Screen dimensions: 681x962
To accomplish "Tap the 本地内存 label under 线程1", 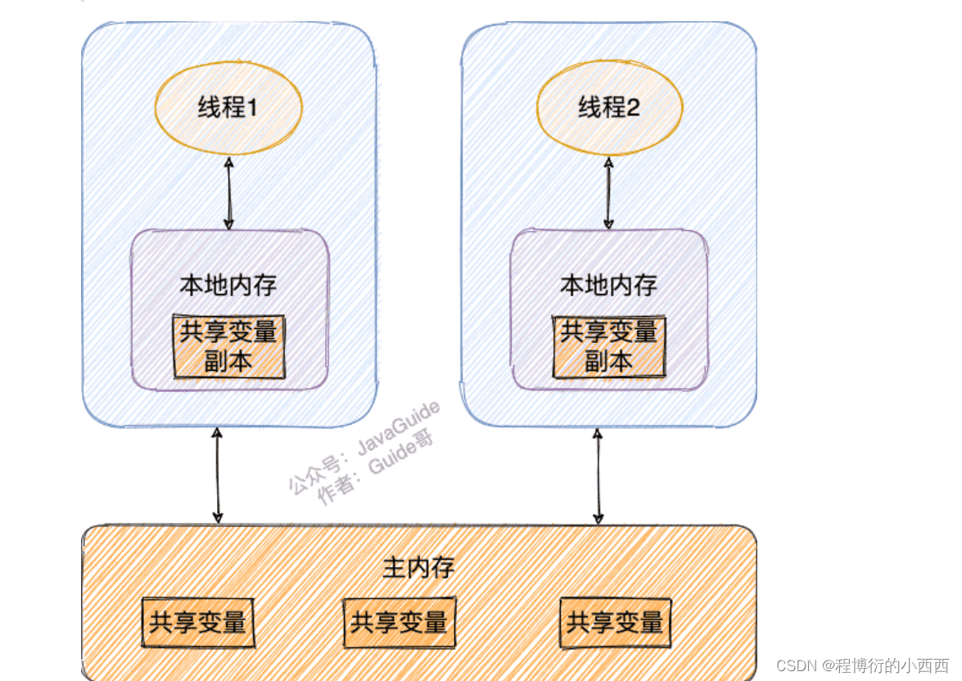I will click(x=228, y=285).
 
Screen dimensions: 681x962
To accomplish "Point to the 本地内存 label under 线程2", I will click(x=608, y=285).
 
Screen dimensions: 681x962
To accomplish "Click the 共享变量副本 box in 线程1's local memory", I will click(x=228, y=347).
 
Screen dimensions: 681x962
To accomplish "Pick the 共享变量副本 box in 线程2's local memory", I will click(x=608, y=347).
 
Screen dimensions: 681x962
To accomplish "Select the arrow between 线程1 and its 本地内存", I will click(x=229, y=193).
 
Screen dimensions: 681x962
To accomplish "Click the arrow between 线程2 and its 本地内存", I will click(x=607, y=193).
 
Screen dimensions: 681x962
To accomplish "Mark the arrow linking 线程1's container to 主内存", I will click(x=217, y=475).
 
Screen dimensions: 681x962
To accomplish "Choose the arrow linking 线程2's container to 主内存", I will click(x=598, y=475).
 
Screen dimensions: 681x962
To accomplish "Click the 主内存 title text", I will click(x=418, y=567).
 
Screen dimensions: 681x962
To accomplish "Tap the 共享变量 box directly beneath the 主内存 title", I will click(x=399, y=623).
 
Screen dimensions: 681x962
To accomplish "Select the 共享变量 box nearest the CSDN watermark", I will click(x=615, y=623).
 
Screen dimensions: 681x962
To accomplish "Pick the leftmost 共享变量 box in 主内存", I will click(x=197, y=621).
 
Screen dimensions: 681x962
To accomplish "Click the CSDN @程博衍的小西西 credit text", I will click(x=862, y=665).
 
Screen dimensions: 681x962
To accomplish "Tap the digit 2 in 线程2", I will click(x=631, y=107).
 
